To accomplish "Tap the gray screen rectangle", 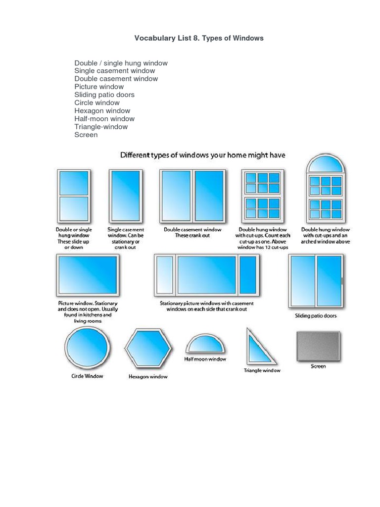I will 318,346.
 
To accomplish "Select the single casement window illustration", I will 125,196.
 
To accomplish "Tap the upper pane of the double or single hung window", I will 73,183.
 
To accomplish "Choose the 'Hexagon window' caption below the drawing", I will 148,377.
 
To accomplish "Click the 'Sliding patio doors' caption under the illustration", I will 316,316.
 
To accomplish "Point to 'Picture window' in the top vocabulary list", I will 99,87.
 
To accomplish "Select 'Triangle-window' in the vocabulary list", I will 101,127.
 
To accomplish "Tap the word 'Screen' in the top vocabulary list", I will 86,135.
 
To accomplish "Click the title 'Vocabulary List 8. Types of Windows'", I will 199,38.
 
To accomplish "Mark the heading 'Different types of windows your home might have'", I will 203,155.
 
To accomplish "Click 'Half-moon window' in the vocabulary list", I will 104,119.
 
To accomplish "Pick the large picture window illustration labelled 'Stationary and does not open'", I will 88,275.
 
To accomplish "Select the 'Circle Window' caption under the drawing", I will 87,376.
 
